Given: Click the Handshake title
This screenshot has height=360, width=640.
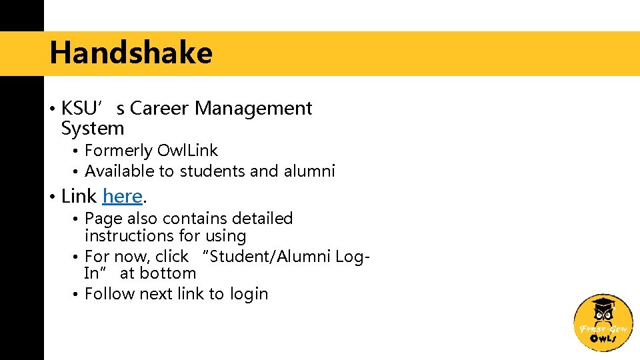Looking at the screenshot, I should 131,53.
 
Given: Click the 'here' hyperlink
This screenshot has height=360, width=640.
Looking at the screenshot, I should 123,196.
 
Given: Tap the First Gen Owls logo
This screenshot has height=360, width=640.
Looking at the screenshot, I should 603,322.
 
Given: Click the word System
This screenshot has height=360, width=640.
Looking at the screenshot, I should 92,128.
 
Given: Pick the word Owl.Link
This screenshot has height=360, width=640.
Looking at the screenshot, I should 187,151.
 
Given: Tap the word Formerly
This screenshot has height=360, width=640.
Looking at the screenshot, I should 119,151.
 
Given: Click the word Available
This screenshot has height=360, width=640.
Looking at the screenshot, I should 119,171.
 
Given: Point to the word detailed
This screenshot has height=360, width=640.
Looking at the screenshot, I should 261,219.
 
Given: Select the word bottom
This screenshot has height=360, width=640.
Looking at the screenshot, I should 168,273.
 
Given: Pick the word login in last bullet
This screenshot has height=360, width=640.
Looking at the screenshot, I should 249,294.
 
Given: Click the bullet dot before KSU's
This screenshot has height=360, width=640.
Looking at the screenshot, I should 52,109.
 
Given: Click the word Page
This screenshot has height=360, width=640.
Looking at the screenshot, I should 104,219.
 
